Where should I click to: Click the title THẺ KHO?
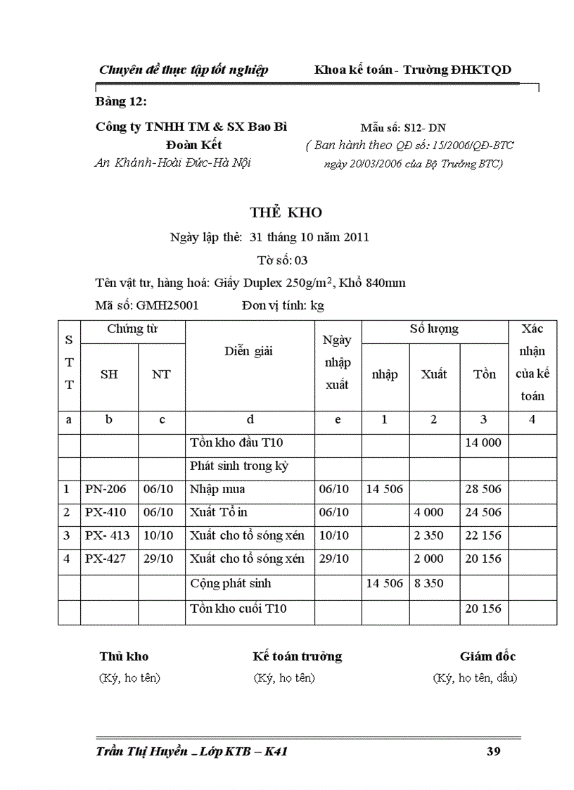pos(286,212)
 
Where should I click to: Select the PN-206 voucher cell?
pos(106,489)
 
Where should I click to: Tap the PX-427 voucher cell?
pos(106,559)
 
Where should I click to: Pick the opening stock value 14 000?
pos(483,443)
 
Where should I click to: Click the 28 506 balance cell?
pos(483,489)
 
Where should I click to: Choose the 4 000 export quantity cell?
pos(428,512)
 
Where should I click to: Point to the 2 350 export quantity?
pos(428,535)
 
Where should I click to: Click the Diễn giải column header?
pos(249,351)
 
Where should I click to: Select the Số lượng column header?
pos(434,329)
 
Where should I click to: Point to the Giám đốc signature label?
pos(487,656)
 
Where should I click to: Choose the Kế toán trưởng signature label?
pos(298,656)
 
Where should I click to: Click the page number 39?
pos(493,752)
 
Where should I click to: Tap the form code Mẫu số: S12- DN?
pos(403,128)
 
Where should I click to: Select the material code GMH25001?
pos(167,305)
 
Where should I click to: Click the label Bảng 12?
pos(121,102)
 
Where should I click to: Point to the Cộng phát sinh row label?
pos(230,583)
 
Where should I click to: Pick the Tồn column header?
pos(484,374)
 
